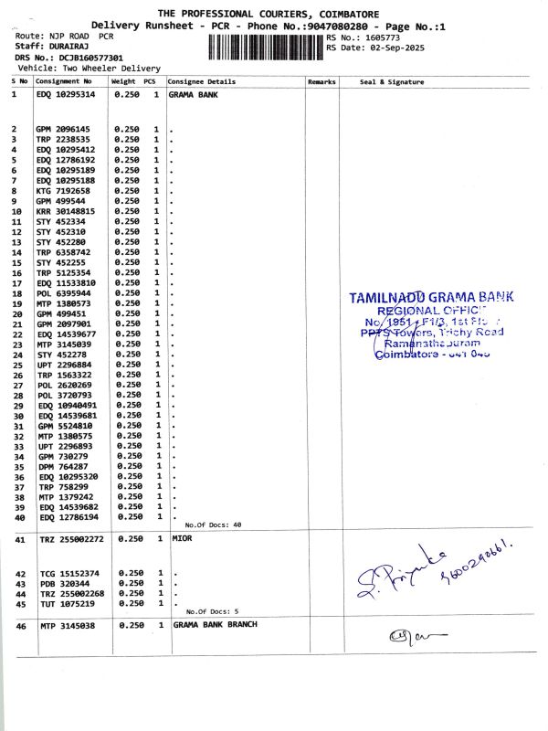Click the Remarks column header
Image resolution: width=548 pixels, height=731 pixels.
(321, 81)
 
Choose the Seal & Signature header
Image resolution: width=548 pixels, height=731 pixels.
(392, 81)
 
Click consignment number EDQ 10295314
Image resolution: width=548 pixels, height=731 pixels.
(65, 93)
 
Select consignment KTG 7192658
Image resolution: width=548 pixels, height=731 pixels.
(63, 191)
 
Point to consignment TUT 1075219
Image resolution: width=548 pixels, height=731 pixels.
(64, 603)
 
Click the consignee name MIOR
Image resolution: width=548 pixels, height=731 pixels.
(183, 539)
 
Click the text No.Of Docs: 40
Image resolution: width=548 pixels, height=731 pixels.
(213, 525)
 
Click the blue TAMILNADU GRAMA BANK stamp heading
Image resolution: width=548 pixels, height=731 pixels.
(431, 297)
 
